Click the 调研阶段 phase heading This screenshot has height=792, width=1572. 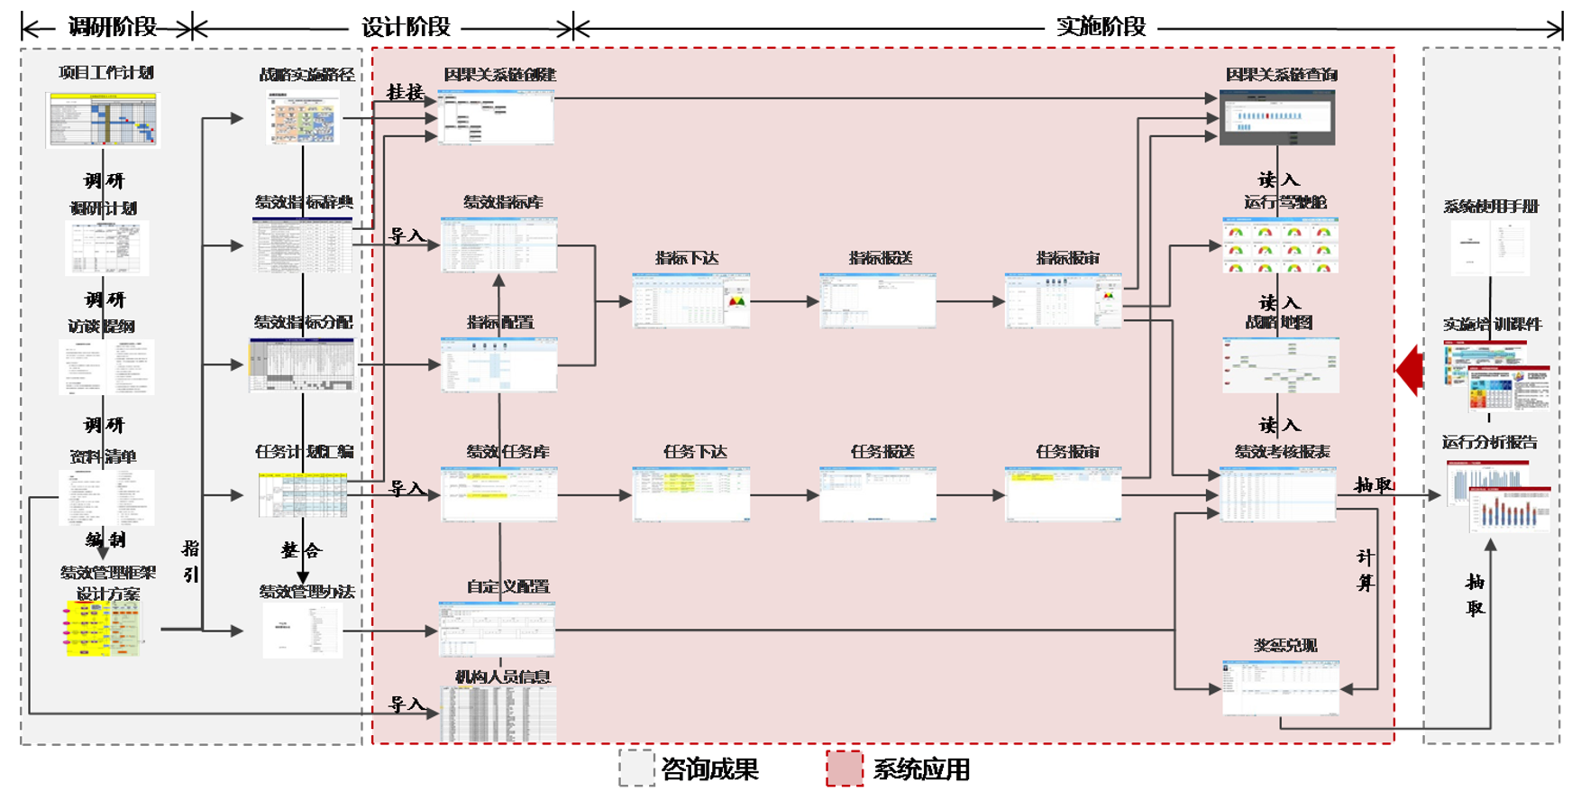[113, 27]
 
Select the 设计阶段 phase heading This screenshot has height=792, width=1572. [406, 27]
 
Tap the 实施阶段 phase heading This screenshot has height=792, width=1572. [1101, 27]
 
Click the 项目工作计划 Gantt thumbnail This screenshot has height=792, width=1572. [103, 119]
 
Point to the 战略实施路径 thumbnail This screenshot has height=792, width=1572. [304, 117]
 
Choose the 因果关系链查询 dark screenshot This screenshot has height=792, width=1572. [1277, 118]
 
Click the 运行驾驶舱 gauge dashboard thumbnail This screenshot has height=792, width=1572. [1280, 245]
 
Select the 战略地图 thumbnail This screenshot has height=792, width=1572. [1280, 365]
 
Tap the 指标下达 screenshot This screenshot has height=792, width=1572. [690, 301]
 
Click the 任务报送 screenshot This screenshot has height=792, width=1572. [878, 494]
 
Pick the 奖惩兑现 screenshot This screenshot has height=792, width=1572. [1280, 687]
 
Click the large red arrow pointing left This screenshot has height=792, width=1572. [1410, 369]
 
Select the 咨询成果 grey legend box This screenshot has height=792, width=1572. [636, 769]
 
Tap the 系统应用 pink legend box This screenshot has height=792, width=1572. [845, 769]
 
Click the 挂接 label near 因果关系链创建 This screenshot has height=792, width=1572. [405, 92]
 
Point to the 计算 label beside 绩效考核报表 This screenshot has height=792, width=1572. [1366, 570]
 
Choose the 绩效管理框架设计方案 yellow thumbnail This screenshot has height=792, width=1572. [103, 629]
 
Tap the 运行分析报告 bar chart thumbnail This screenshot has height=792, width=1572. [1498, 496]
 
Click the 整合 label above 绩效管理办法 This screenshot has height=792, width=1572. [300, 550]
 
